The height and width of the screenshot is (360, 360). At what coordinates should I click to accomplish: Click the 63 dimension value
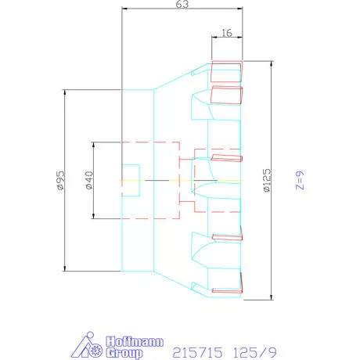(182, 5)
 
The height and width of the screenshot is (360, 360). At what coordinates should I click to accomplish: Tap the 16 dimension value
(227, 33)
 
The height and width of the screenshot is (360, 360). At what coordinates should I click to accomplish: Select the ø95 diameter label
(60, 180)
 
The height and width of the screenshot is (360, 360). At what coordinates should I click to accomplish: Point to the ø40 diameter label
(89, 180)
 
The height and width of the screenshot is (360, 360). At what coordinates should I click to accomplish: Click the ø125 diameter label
(267, 180)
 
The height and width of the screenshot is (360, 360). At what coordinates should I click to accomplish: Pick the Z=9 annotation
(300, 180)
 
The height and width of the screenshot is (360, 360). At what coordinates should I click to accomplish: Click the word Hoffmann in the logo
(135, 342)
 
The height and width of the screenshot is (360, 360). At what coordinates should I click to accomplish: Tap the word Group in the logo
(124, 353)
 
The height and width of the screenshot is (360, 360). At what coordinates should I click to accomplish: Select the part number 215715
(197, 353)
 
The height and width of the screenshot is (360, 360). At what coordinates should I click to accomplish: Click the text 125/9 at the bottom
(254, 353)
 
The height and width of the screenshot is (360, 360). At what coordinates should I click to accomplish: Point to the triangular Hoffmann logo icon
(87, 345)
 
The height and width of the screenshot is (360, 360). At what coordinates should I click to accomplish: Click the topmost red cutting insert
(227, 71)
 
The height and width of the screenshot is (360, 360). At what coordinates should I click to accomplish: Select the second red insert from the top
(226, 95)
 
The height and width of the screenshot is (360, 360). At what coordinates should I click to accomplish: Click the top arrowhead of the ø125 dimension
(272, 64)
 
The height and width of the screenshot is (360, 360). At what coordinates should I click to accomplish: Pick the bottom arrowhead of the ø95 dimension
(65, 268)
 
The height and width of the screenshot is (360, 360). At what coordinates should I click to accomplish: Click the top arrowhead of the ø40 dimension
(93, 146)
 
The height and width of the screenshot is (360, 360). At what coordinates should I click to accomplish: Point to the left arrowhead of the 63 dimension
(125, 9)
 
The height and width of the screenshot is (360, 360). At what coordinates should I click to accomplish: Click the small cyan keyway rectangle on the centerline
(131, 180)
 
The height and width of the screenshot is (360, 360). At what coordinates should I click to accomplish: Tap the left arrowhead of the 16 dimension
(214, 38)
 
